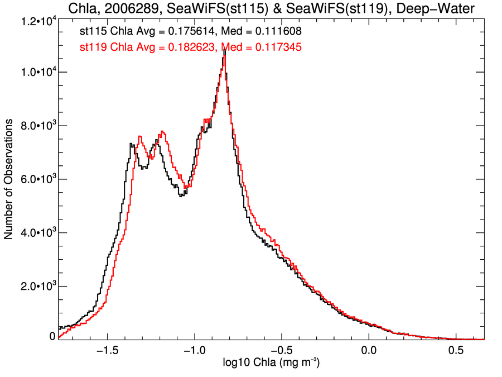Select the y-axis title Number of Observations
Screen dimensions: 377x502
tap(9, 180)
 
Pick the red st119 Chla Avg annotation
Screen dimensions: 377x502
tap(191, 47)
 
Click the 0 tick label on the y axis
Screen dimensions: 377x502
tap(52, 337)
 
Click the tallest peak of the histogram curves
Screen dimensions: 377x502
tap(224, 50)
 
